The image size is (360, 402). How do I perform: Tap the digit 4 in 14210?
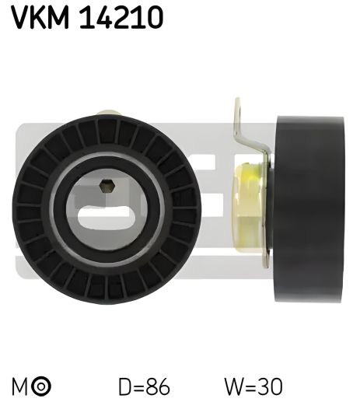click(109, 17)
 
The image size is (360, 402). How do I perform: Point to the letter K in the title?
click(40, 17)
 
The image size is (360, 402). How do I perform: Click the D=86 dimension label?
click(144, 386)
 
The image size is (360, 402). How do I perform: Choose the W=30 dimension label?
click(253, 386)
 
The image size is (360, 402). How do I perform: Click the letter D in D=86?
click(125, 386)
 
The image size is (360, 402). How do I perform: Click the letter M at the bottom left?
click(18, 386)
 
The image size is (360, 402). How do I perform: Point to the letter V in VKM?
click(18, 17)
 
